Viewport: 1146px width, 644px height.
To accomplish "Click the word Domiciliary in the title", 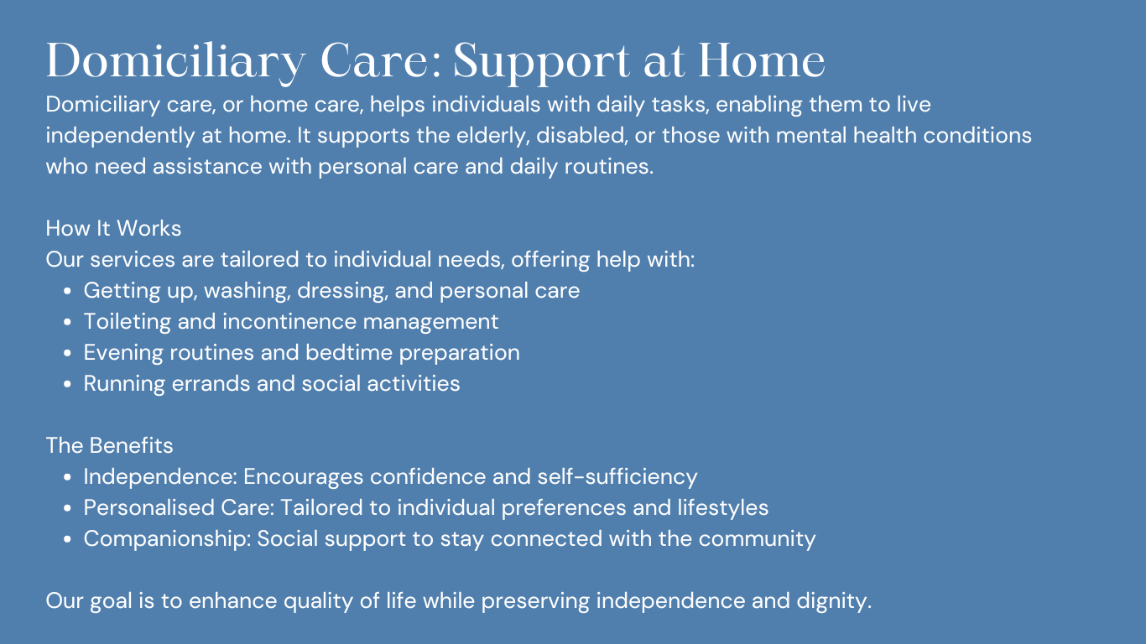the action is pyautogui.click(x=176, y=62).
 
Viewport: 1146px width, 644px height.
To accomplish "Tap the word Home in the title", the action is pyautogui.click(x=761, y=61).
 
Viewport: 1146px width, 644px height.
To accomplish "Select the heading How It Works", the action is pyautogui.click(x=113, y=228).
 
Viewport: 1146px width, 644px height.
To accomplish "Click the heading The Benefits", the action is pyautogui.click(x=110, y=445).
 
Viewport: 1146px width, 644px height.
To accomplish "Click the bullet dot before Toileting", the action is pyautogui.click(x=67, y=322).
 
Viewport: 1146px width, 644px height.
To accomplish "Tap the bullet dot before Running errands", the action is pyautogui.click(x=67, y=384).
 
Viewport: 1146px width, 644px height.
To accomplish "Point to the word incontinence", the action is pyautogui.click(x=289, y=322).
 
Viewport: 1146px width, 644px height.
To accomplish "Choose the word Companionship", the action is pyautogui.click(x=167, y=539).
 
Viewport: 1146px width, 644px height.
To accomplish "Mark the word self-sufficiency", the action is pyautogui.click(x=617, y=477).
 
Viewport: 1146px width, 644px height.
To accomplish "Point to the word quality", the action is pyautogui.click(x=318, y=601).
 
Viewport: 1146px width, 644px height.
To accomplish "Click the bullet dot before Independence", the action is pyautogui.click(x=67, y=477).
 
